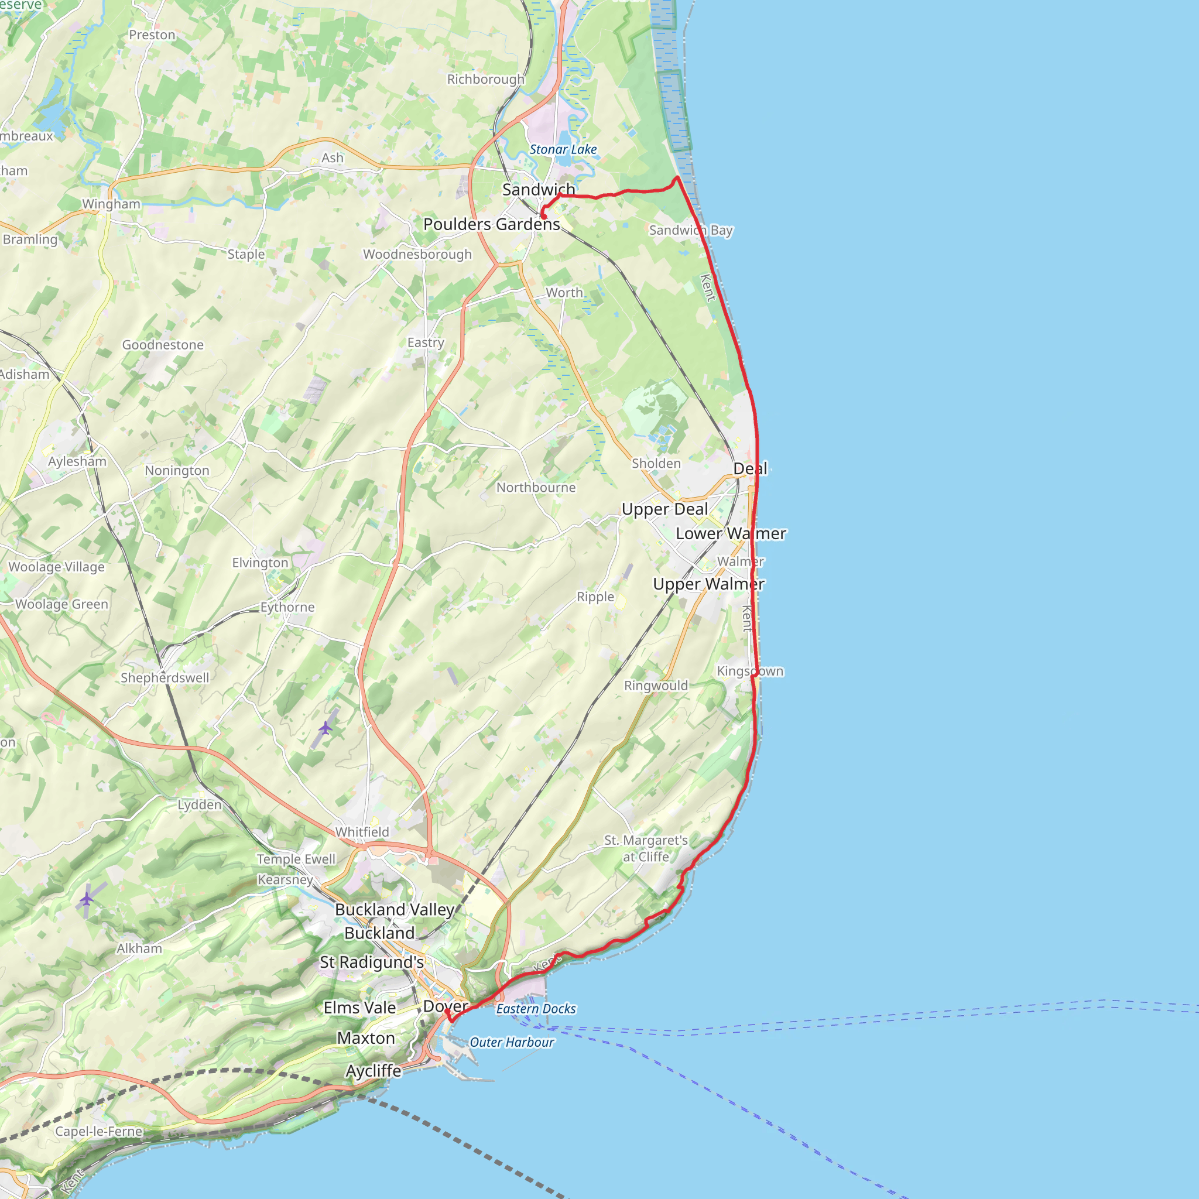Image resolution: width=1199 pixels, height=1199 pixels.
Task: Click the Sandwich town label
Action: (x=538, y=189)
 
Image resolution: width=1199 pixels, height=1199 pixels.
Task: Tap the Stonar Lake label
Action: (x=563, y=149)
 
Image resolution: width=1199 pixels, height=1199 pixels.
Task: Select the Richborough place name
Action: (x=486, y=80)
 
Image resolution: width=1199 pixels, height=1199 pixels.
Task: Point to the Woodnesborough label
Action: (x=417, y=255)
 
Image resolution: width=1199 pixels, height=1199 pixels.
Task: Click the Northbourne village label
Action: (x=536, y=488)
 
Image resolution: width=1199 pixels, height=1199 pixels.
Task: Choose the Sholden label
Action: (x=656, y=464)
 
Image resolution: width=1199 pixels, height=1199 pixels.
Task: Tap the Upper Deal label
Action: (x=664, y=509)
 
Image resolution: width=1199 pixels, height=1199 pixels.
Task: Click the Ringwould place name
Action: (x=656, y=686)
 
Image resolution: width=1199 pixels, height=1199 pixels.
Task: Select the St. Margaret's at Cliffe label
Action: (x=646, y=848)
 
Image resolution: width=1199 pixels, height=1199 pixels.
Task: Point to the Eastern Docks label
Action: (x=536, y=1009)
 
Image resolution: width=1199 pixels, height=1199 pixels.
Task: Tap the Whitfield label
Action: (x=362, y=833)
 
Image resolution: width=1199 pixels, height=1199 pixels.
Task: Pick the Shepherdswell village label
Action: (x=165, y=678)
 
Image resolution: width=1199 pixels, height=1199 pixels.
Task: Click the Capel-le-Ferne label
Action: (x=100, y=1131)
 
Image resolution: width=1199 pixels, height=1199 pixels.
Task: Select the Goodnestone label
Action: (x=163, y=345)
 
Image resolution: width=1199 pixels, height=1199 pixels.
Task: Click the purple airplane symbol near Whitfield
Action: (x=325, y=727)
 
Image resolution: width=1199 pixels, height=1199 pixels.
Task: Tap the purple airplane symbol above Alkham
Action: (x=86, y=899)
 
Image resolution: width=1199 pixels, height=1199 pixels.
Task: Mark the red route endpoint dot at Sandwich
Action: (x=543, y=217)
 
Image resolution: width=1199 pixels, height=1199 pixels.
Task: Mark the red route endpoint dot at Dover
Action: (x=447, y=1012)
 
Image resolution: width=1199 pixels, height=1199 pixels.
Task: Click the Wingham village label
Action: (x=111, y=204)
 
